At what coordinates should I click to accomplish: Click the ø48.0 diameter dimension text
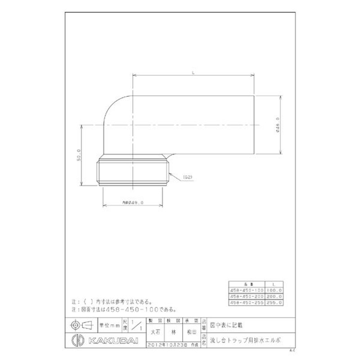coord(279,125)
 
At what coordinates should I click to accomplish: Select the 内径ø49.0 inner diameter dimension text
coord(133,203)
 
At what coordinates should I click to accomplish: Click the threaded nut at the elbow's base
coord(134,171)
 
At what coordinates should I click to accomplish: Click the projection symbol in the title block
coord(80,324)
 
